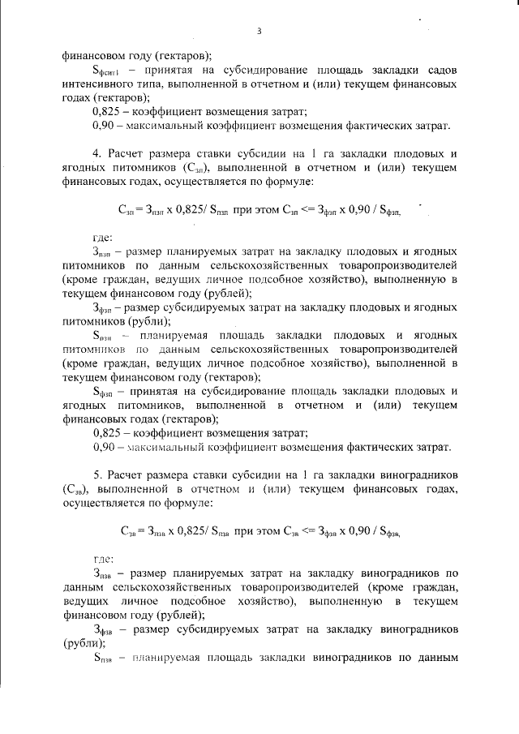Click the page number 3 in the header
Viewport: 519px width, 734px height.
click(259, 32)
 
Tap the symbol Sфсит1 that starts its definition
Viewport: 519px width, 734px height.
click(106, 71)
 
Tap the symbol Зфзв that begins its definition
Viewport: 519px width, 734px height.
click(103, 628)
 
